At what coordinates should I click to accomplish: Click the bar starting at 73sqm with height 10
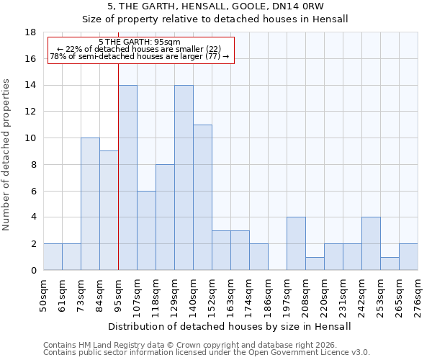[90, 204]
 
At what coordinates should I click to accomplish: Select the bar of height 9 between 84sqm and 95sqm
[109, 210]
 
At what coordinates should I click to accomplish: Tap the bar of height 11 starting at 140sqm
[202, 197]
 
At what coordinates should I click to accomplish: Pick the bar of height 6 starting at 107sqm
[146, 230]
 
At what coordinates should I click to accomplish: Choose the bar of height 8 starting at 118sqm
[165, 217]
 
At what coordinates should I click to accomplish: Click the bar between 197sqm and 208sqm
[296, 243]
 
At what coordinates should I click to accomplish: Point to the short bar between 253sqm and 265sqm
[390, 264]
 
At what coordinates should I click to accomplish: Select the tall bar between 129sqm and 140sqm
[184, 177]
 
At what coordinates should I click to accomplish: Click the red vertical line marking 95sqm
[118, 180]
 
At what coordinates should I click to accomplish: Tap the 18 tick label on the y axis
[30, 32]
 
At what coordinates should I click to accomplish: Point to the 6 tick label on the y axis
[33, 191]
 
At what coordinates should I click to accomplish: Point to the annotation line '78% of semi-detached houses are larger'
[140, 56]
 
